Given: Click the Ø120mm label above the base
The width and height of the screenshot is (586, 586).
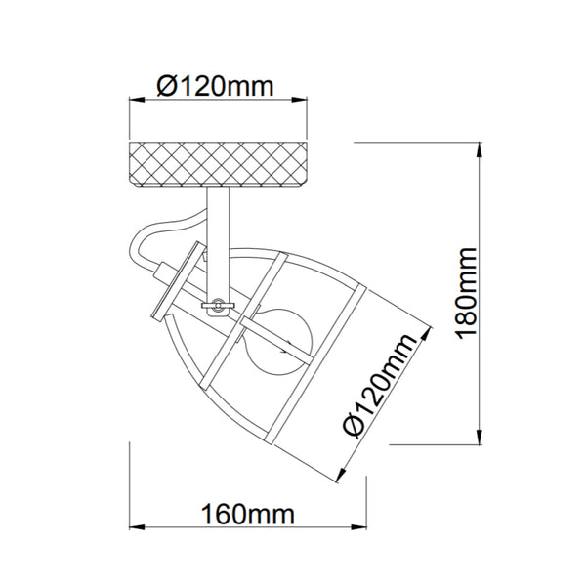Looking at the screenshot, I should tap(216, 85).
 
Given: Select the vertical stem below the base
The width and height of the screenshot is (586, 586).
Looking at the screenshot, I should tap(220, 234).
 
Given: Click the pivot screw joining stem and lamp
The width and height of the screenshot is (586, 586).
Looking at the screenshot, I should tap(217, 306).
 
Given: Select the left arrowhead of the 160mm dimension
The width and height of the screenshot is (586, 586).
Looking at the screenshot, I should tap(137, 528).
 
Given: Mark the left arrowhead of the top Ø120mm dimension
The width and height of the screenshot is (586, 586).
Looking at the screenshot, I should tap(137, 99).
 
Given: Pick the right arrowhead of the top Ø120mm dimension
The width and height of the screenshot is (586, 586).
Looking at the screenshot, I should tap(303, 99).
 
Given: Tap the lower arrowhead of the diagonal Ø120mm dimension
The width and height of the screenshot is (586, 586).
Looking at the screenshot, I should tap(340, 477).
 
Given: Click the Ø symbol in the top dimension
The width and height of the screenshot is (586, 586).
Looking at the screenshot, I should tap(167, 86).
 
